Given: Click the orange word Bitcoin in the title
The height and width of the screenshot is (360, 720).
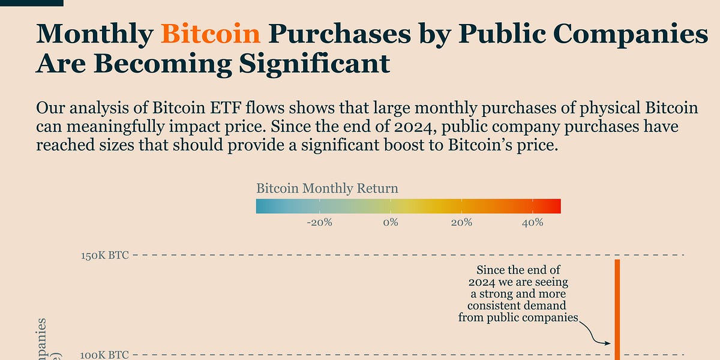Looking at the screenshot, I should pyautogui.click(x=211, y=35).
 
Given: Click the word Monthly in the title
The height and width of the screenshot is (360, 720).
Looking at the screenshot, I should pyautogui.click(x=94, y=35).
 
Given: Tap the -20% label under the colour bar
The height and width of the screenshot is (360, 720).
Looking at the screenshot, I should pyautogui.click(x=320, y=223).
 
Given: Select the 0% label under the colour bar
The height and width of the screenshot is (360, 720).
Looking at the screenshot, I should pyautogui.click(x=390, y=223).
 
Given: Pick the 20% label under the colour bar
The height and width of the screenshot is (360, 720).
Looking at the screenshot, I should pyautogui.click(x=461, y=223).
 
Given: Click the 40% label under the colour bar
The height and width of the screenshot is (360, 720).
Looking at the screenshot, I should pyautogui.click(x=532, y=223).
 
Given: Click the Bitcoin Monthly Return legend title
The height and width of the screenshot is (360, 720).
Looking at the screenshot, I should pyautogui.click(x=327, y=188).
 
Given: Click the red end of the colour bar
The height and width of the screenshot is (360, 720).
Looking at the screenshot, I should pyautogui.click(x=557, y=206).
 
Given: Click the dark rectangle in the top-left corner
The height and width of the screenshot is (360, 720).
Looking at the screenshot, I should pyautogui.click(x=31, y=2).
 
